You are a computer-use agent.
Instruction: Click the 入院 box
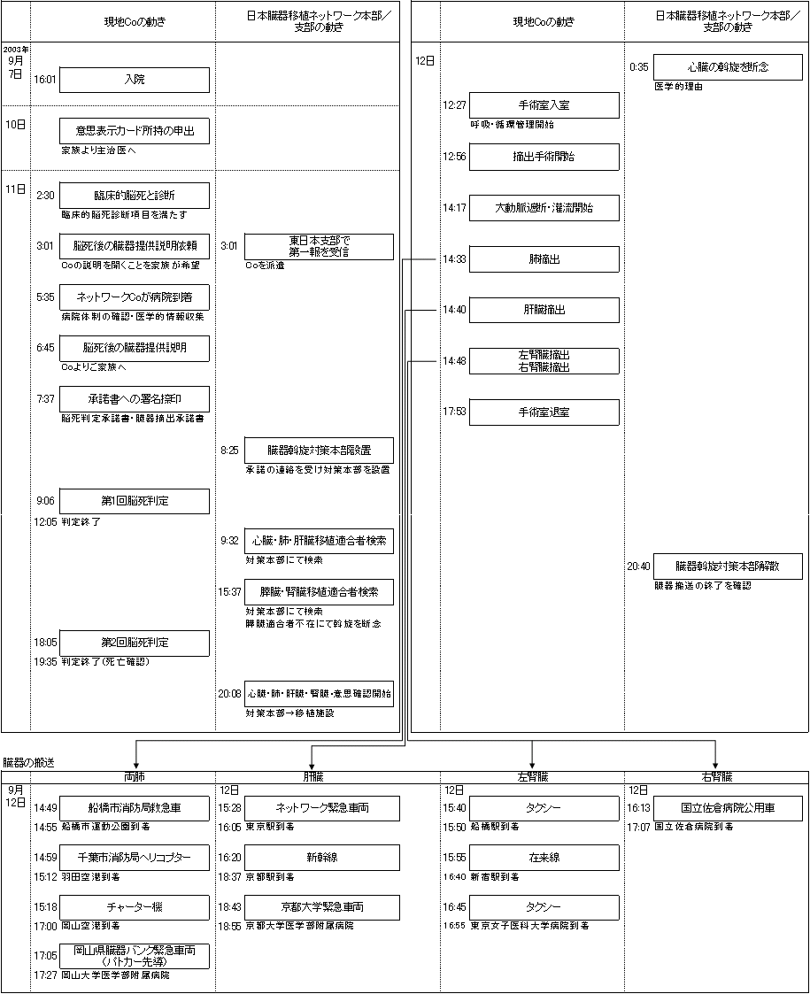[x=135, y=80]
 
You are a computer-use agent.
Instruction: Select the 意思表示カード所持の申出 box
[x=135, y=132]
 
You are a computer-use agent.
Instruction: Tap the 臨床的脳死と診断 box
[x=135, y=196]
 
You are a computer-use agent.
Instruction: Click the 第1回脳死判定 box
[x=135, y=501]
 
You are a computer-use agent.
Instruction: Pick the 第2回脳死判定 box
[x=135, y=643]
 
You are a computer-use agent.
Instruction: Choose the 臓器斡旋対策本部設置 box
[x=319, y=451]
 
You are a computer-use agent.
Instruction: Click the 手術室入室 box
[x=544, y=105]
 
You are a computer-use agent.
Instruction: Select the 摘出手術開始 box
[x=544, y=157]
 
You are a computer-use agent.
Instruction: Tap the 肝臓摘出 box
[x=544, y=310]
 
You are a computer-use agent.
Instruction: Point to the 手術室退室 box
[x=544, y=412]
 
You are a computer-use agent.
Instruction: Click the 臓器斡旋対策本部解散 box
[x=728, y=566]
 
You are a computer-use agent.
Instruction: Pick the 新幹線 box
[x=319, y=858]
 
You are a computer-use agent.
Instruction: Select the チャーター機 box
[x=135, y=907]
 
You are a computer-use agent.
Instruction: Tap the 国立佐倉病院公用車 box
[x=728, y=808]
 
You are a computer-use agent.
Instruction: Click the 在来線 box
[x=544, y=858]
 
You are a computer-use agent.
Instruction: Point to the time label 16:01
[x=45, y=80]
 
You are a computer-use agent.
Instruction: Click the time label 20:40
[x=638, y=566]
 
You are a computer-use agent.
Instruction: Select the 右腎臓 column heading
[x=715, y=777]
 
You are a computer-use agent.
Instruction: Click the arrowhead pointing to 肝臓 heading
[x=311, y=765]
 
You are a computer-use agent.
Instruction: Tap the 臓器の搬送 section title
[x=28, y=762]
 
